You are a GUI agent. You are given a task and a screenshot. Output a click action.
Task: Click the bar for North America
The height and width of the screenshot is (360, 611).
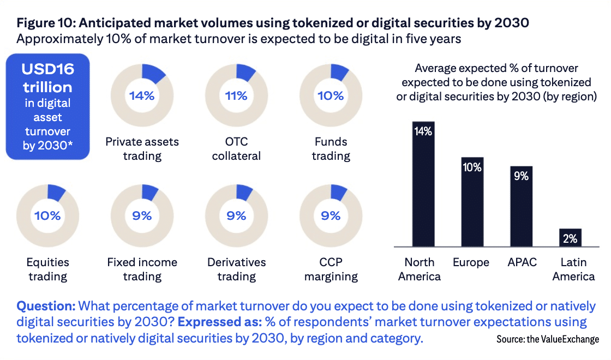(x=423, y=185)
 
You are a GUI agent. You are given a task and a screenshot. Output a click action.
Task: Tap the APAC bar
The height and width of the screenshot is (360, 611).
(x=522, y=207)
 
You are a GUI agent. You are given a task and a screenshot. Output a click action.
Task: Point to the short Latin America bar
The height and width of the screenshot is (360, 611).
(x=571, y=238)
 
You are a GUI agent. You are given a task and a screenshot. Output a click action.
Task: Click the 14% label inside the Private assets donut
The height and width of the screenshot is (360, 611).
(x=142, y=96)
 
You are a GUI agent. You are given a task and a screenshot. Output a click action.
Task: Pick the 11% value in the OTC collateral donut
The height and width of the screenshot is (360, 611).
(x=236, y=96)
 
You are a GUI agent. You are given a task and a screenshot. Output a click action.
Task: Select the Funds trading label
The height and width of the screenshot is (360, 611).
(x=331, y=148)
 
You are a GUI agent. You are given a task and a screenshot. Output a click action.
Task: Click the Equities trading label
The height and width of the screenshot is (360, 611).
(x=47, y=269)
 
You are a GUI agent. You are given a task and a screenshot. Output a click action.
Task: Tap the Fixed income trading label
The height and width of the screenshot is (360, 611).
(x=142, y=269)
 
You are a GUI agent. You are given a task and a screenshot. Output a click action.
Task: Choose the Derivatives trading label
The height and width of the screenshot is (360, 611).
(x=236, y=269)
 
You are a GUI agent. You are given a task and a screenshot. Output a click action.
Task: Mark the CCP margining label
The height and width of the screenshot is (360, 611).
(x=331, y=269)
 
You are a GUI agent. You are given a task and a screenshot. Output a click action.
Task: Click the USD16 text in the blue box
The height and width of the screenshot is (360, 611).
(x=47, y=70)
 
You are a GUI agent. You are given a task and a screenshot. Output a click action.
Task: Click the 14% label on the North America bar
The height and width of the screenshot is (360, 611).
(x=423, y=131)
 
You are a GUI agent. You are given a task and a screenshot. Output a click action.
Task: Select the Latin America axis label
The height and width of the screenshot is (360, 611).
(x=573, y=269)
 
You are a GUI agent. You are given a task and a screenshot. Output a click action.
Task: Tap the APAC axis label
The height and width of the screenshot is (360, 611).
(x=522, y=262)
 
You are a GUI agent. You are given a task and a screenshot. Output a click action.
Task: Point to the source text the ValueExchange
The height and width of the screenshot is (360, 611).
(x=547, y=339)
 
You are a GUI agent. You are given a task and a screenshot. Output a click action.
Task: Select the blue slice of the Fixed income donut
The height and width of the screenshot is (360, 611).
(x=150, y=193)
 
